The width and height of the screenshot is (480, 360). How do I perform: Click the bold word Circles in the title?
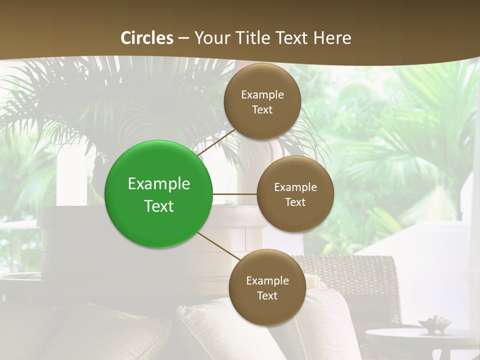coord(147,38)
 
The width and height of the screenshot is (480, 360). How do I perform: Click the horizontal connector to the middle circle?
coord(235,193)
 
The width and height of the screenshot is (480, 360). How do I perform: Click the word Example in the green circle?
coord(159,184)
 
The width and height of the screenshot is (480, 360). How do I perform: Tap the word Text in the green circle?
coord(159,206)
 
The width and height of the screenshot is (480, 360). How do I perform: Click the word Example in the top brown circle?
coord(262,95)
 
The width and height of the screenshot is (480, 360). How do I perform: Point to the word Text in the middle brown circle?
coord(295,202)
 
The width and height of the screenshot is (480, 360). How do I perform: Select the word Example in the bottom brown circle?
coord(267,281)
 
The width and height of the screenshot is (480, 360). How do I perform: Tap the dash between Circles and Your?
coord(183,38)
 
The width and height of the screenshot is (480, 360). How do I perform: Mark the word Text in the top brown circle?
coord(262,110)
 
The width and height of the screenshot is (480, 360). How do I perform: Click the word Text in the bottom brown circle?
coord(267,296)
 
